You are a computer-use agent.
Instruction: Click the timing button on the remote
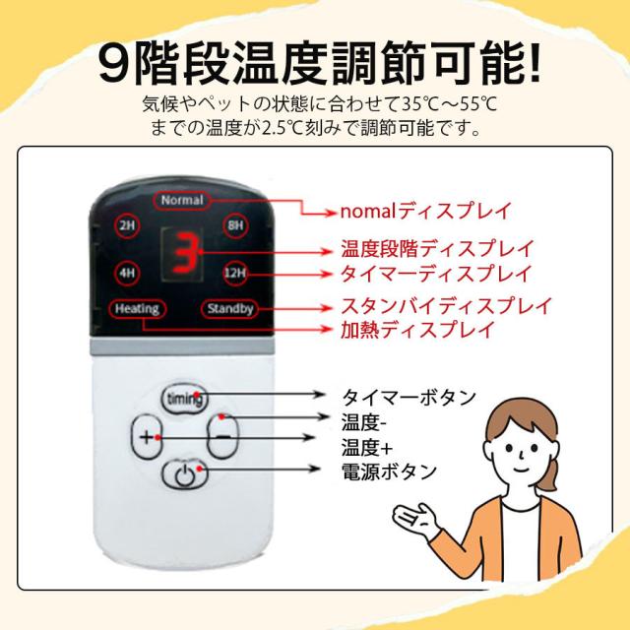[185, 399]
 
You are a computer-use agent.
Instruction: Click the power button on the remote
[184, 475]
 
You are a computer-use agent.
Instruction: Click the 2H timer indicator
[127, 225]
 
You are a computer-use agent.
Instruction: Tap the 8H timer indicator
[234, 225]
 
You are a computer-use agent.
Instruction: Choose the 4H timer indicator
[127, 272]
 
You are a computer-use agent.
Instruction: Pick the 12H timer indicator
[234, 272]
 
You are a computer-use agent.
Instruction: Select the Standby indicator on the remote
[229, 309]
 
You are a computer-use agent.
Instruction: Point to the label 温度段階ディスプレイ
[436, 248]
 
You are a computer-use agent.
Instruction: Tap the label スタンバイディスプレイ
[445, 304]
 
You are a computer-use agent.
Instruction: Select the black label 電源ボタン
[388, 471]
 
